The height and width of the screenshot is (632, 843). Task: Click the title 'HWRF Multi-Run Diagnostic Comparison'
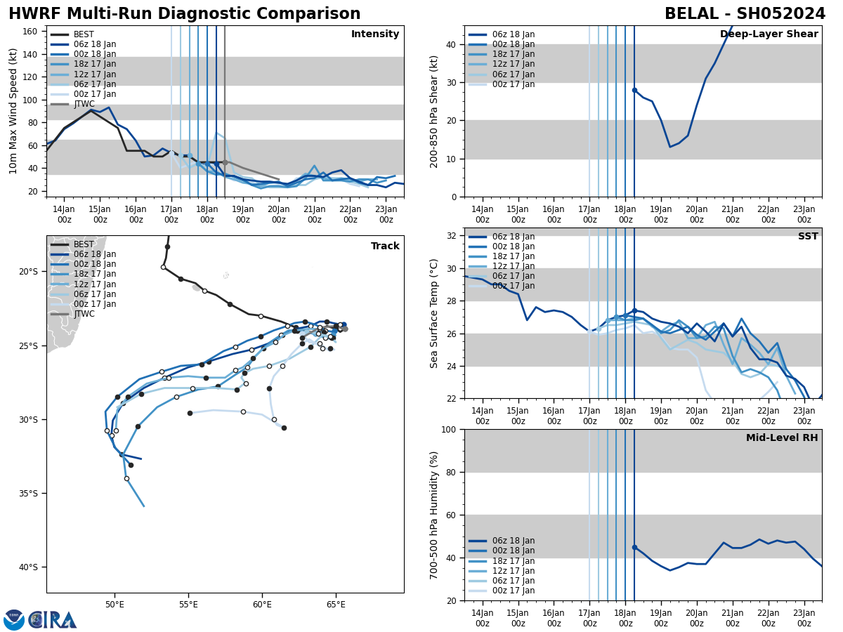click(x=184, y=14)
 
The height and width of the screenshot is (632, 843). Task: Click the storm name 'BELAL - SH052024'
click(x=745, y=14)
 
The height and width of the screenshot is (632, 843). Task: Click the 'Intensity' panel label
click(x=375, y=34)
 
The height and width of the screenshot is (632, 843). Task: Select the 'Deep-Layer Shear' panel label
click(x=769, y=34)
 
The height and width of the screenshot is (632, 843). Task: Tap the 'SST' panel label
click(x=807, y=237)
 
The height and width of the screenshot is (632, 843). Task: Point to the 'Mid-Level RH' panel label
click(x=782, y=438)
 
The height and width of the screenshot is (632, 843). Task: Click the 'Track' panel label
click(x=385, y=246)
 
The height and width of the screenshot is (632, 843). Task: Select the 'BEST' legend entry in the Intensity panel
click(x=84, y=34)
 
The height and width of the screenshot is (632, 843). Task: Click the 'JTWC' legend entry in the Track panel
click(x=84, y=314)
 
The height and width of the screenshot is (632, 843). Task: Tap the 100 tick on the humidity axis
click(x=449, y=429)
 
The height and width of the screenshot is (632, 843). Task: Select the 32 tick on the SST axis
click(x=453, y=236)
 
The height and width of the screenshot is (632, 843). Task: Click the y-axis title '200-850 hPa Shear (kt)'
click(x=434, y=112)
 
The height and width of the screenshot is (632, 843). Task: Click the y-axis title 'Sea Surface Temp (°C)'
click(x=434, y=313)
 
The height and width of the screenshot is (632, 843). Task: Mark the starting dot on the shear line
click(x=634, y=90)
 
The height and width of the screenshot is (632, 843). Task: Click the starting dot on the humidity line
click(x=634, y=547)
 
